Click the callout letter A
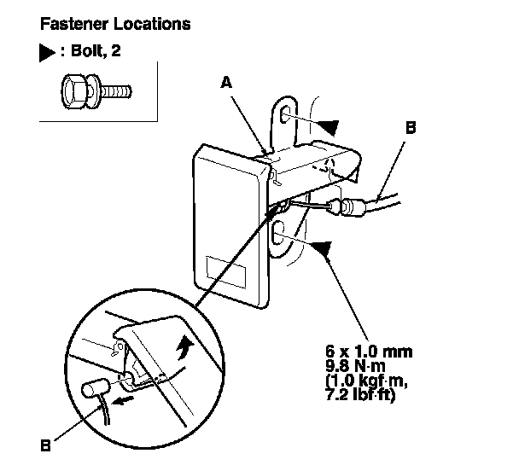226,82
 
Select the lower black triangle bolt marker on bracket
321,247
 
